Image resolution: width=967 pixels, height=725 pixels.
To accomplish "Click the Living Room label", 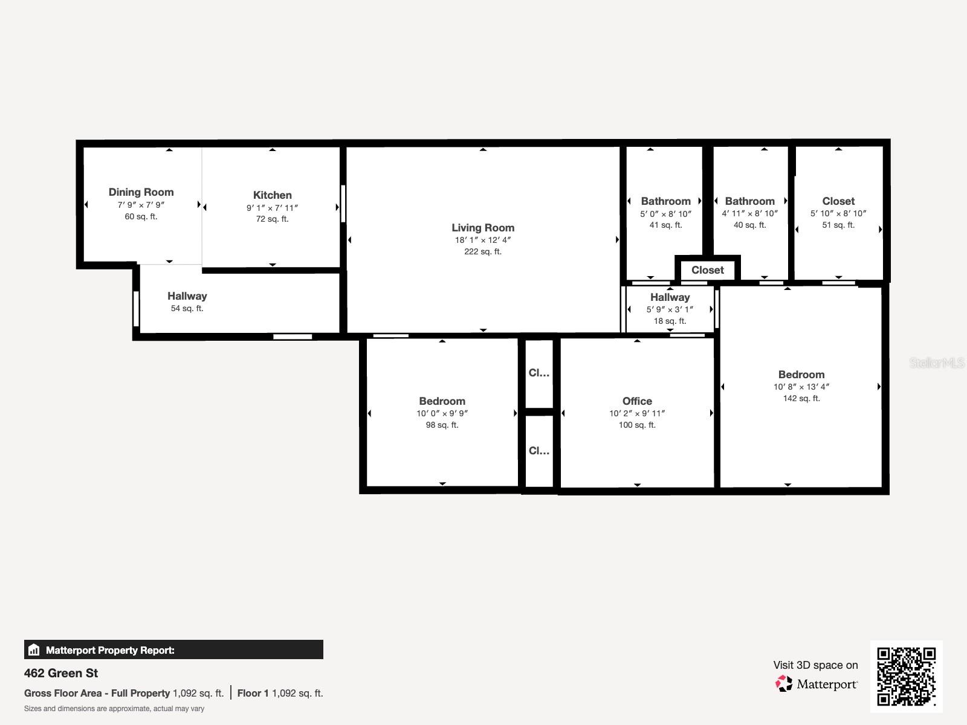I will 483,228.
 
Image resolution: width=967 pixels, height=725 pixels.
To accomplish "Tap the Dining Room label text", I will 141,192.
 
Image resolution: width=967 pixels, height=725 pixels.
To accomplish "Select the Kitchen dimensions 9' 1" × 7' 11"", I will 272,208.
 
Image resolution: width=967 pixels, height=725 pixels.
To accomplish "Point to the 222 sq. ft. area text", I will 483,252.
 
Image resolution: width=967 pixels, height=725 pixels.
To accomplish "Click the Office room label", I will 637,401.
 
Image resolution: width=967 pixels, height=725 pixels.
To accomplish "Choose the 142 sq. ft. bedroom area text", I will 801,399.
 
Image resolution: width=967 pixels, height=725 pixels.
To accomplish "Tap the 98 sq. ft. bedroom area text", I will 442,425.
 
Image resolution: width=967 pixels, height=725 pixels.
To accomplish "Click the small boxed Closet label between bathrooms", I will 707,270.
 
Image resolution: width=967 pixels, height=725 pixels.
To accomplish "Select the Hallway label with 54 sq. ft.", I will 187,296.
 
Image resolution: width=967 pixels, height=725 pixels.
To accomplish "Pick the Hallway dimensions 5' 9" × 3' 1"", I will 670,309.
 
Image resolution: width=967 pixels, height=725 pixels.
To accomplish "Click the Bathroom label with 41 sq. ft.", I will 665,201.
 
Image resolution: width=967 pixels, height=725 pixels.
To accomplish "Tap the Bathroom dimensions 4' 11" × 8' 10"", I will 749,213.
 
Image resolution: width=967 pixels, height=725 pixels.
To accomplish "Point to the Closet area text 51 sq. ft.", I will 838,225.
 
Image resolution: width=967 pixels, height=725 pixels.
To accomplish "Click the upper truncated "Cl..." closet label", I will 538,373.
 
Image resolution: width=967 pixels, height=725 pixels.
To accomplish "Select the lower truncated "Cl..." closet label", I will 538,451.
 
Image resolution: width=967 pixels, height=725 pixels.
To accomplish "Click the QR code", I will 906,676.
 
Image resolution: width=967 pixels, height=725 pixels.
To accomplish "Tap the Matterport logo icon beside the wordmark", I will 784,684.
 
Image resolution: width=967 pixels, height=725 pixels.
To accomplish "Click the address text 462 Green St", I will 61,673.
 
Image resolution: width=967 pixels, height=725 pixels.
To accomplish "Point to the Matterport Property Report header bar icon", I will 34,650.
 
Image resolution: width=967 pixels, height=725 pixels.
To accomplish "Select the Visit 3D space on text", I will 815,665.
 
